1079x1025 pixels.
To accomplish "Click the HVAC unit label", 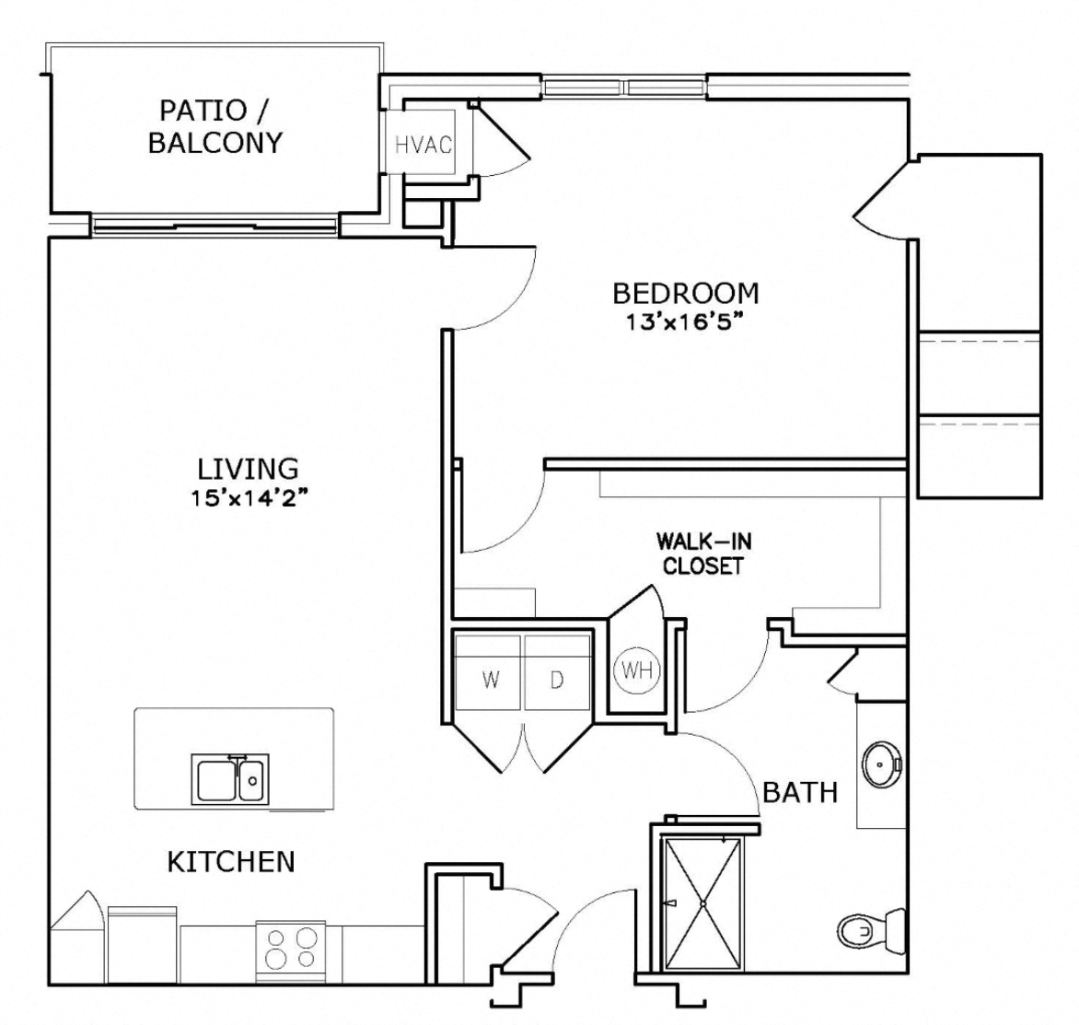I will point(423,145).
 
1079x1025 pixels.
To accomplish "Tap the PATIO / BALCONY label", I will point(215,126).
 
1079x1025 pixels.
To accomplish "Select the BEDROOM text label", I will point(686,293).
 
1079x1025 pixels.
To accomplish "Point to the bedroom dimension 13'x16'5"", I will point(686,322).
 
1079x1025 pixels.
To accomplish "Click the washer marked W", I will point(490,680).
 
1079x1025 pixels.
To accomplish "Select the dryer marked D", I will point(557,680).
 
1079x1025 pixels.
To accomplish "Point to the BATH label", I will point(800,792).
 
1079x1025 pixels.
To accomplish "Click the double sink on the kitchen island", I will point(228,778).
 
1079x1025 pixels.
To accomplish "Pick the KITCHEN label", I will point(231,862).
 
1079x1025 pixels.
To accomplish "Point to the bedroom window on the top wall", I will point(625,88).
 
